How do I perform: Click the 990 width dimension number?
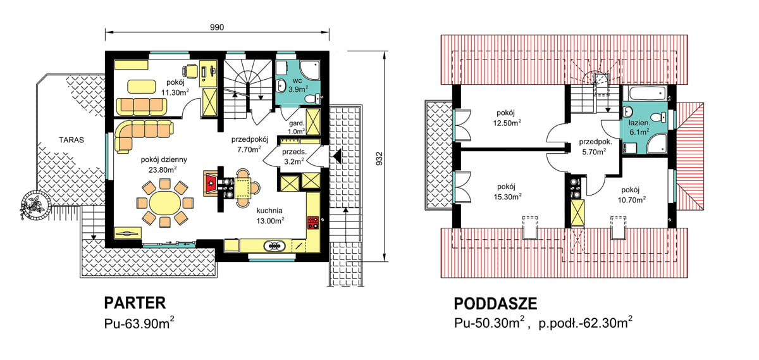(x=217, y=27)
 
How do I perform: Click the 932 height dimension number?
(x=378, y=158)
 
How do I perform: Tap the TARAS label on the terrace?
(x=71, y=139)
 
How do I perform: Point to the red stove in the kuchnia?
(x=312, y=222)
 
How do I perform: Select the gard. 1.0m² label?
(x=297, y=127)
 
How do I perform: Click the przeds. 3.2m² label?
(x=295, y=156)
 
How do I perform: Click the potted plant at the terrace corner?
(x=33, y=204)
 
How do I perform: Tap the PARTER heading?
(x=134, y=302)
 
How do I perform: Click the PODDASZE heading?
(x=495, y=304)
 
